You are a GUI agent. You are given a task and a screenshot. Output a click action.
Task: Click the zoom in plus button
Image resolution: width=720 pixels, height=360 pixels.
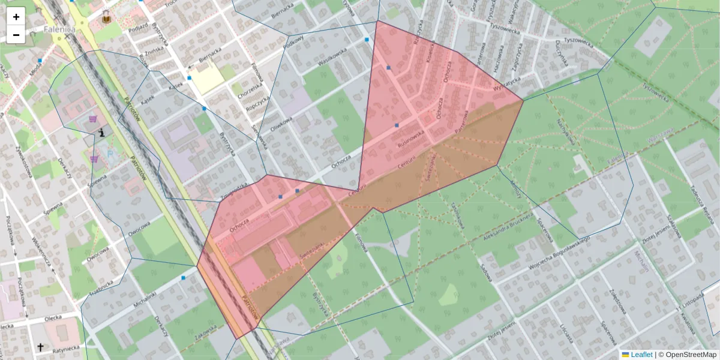tap(16, 17)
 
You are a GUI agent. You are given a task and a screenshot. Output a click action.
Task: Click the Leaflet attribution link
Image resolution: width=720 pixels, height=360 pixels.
tap(641, 355)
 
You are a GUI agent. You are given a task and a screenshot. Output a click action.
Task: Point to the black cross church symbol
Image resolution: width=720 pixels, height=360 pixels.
tap(40, 347)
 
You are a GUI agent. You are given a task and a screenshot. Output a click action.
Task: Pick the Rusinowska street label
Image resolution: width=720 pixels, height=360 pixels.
tap(410, 140)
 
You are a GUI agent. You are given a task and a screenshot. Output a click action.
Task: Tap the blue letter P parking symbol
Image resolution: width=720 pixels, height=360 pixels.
tap(110, 154)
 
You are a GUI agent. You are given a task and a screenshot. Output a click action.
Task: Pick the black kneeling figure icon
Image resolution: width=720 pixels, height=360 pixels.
tap(101, 132)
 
